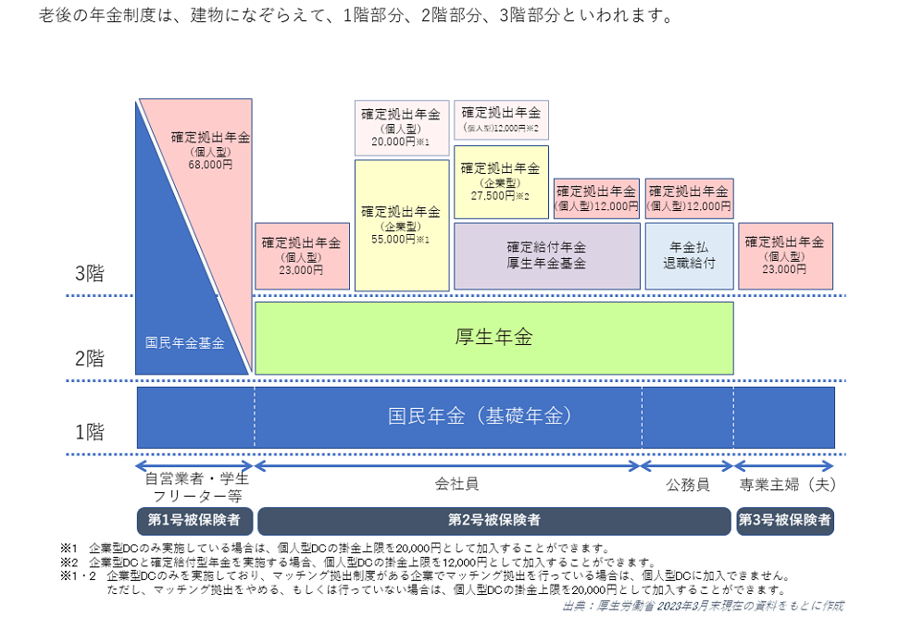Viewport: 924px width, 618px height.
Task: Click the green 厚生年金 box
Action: point(493,338)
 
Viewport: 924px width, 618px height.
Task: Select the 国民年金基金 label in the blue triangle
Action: point(185,342)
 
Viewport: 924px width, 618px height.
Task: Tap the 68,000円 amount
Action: point(210,165)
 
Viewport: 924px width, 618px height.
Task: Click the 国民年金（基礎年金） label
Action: point(480,416)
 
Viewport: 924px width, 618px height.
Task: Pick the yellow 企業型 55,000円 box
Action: point(402,226)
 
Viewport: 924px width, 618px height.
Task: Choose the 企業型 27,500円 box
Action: point(501,182)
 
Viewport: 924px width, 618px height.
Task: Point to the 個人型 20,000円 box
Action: point(402,129)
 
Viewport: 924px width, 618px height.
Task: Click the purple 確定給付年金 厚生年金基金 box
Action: point(547,256)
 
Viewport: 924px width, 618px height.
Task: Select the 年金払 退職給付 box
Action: point(690,256)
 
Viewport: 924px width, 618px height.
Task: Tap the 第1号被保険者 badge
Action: point(195,520)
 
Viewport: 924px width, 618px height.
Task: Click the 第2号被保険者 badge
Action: point(494,520)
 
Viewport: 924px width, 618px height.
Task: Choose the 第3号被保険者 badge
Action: point(785,520)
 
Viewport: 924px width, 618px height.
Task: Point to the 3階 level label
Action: point(90,274)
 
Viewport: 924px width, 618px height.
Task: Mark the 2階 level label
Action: point(90,358)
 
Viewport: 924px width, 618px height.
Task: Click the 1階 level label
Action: point(90,432)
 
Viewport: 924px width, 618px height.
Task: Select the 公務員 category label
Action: point(688,485)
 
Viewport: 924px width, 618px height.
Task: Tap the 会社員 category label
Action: point(456,484)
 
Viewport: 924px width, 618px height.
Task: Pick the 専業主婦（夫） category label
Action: point(787,485)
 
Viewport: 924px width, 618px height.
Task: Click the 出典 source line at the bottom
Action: point(703,606)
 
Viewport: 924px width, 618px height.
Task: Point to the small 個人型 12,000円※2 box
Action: point(501,120)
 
